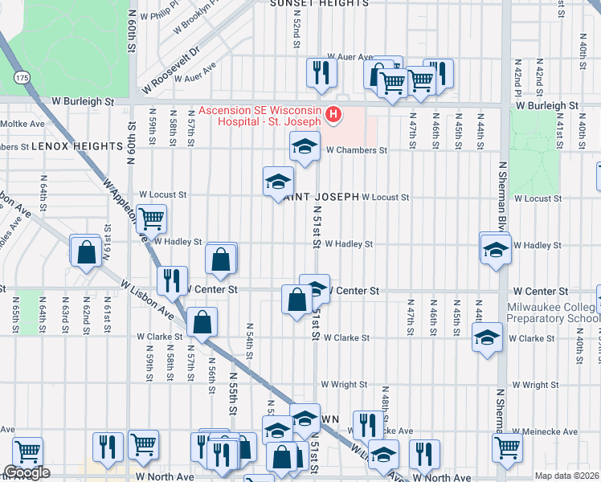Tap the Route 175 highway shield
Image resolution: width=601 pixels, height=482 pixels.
pyautogui.click(x=21, y=76)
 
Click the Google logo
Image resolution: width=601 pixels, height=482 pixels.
pyautogui.click(x=27, y=472)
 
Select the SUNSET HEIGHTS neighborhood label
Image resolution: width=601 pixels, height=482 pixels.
pyautogui.click(x=319, y=4)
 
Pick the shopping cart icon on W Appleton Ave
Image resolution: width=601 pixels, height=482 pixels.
pyautogui.click(x=151, y=217)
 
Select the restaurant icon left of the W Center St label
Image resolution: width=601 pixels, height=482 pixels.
pyautogui.click(x=172, y=280)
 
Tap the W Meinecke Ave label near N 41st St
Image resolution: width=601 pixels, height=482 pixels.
pyautogui.click(x=549, y=431)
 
